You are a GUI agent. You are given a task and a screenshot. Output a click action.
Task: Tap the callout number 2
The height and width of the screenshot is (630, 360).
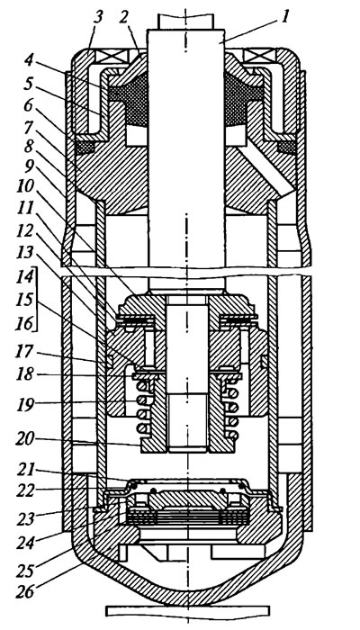[x=124, y=17]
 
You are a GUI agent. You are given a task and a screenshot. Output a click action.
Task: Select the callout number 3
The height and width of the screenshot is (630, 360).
[x=97, y=17]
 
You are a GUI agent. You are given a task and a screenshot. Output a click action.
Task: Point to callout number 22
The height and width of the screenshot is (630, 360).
[x=24, y=490]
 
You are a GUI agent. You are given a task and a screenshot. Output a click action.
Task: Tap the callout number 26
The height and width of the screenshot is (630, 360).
[x=25, y=591]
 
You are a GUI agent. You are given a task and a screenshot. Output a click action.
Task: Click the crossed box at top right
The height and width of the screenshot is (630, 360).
[x=258, y=56]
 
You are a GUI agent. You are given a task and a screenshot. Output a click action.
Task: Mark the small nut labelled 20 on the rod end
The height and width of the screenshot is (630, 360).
[x=187, y=443]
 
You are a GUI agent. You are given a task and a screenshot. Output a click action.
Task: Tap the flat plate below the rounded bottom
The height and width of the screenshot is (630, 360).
[x=187, y=611]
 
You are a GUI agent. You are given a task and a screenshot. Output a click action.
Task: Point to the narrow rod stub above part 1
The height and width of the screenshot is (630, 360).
[x=184, y=21]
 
